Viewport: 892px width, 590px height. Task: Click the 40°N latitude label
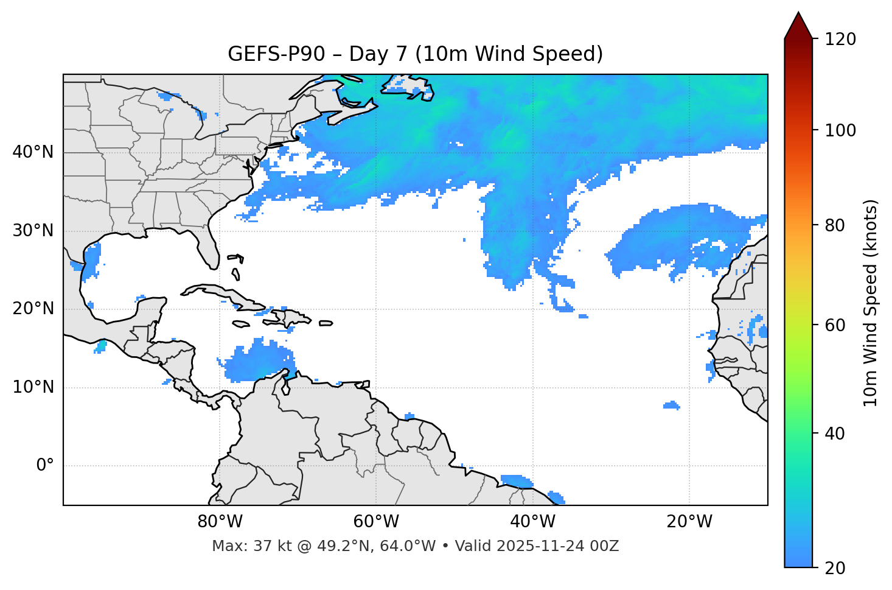coord(33,152)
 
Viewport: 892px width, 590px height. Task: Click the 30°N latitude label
coord(33,231)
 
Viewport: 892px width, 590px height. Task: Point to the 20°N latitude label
coord(33,309)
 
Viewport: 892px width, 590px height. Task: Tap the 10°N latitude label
coord(33,387)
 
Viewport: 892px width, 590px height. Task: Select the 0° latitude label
coord(45,466)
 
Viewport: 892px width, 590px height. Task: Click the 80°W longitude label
coord(220,522)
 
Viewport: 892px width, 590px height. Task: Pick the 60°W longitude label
coord(376,522)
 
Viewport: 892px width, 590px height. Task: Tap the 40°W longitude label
coord(532,522)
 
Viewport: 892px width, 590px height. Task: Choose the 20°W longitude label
coord(689,522)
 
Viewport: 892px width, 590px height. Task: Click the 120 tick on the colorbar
coord(840,40)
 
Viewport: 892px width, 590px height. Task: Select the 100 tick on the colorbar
coord(840,130)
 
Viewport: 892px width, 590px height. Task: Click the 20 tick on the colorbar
coord(836,568)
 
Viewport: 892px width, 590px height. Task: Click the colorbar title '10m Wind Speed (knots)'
coord(871,303)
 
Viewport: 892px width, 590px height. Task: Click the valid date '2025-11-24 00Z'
coord(557,546)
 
